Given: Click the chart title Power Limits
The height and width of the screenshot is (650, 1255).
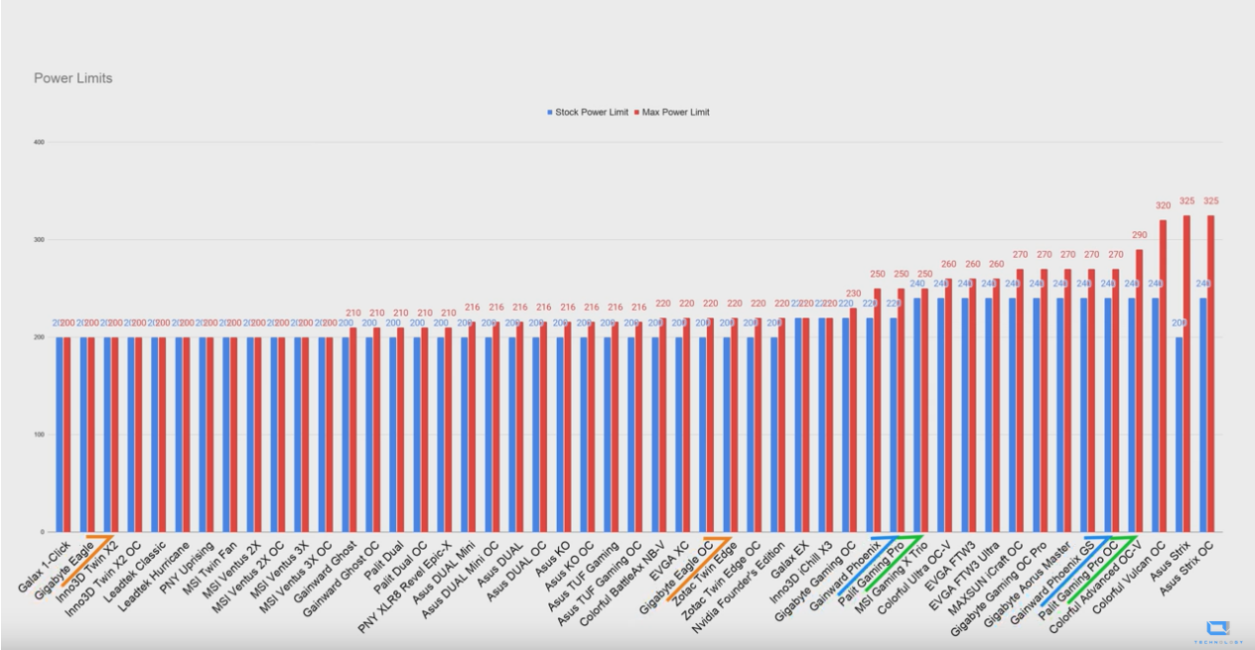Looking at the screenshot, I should tap(72, 78).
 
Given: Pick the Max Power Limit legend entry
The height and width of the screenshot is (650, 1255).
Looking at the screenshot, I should tap(676, 112).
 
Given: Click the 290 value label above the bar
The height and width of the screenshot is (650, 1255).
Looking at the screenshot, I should tap(1139, 234).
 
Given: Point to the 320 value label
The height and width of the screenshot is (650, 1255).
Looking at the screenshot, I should tap(1163, 205).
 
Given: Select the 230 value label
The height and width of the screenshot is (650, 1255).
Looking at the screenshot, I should tap(853, 293).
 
